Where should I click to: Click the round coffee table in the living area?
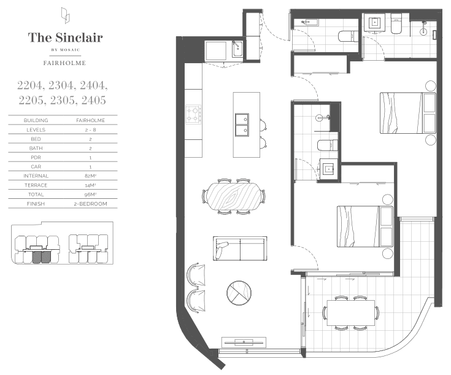point(239,293)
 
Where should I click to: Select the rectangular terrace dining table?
point(351,313)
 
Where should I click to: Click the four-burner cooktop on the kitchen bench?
point(193,114)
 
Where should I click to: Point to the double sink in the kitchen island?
point(242,125)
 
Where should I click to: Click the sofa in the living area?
point(240,249)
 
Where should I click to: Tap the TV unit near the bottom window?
point(244,342)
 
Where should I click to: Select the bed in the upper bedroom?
point(408,113)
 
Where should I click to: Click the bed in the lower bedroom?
point(365,226)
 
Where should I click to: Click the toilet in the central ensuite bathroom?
point(328,145)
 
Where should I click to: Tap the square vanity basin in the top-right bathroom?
point(375,22)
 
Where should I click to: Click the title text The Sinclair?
point(65,37)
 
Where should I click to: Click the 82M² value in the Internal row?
point(90,176)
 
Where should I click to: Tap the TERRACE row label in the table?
point(36,185)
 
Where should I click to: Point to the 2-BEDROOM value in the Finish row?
point(90,204)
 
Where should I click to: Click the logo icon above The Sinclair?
point(65,15)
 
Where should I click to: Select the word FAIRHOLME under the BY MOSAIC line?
point(64,63)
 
